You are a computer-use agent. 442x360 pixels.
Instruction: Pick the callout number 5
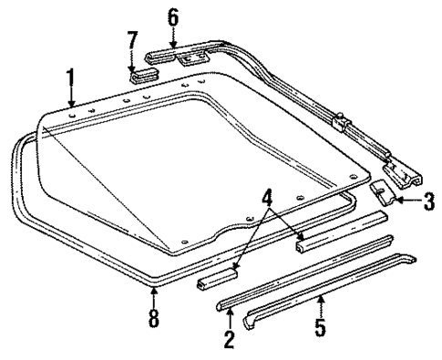tap(320, 324)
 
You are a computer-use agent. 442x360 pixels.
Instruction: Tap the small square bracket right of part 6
tap(190, 58)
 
